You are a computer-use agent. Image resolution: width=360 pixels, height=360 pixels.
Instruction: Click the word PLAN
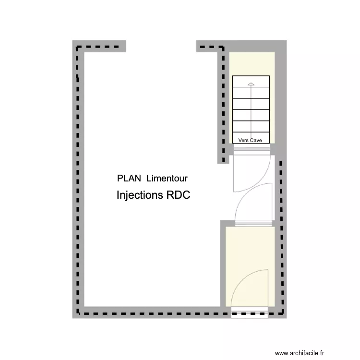pos(129,178)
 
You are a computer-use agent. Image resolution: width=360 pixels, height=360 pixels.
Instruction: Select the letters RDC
pos(178,196)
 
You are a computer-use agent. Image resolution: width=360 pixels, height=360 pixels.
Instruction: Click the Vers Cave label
pos(250,140)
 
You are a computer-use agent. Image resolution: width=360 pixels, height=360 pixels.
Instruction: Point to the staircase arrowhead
pos(251,84)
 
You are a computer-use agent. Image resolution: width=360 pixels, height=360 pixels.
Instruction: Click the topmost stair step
pos(251,82)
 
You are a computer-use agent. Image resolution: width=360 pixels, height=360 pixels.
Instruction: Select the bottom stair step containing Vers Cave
pos(251,138)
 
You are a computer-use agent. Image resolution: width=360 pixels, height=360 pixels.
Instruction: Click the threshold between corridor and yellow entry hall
pos(254,223)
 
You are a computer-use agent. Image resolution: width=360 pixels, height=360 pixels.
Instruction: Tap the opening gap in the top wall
pos(161,46)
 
